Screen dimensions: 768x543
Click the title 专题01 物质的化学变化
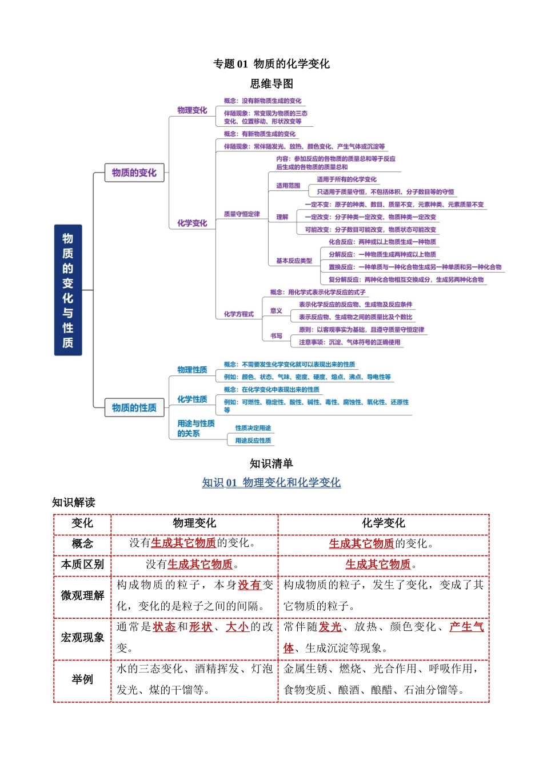point(271,64)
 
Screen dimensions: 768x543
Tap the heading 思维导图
point(271,84)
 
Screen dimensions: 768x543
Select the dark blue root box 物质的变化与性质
point(68,290)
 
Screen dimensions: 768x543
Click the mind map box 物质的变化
point(134,173)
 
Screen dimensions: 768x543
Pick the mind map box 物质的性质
point(134,407)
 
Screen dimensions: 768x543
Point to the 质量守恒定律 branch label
point(242,214)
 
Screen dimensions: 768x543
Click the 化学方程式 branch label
point(239,314)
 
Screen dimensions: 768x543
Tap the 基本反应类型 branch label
point(294,261)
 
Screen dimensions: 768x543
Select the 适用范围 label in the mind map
point(288,186)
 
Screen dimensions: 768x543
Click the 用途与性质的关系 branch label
point(195,428)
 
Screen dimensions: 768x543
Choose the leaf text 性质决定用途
point(253,428)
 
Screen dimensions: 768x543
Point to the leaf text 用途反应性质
point(253,441)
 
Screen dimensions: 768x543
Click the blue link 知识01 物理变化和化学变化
point(271,483)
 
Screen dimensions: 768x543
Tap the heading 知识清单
point(271,463)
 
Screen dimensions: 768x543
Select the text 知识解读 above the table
point(74,502)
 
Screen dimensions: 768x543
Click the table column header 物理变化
point(194,523)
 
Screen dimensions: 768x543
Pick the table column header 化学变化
point(383,523)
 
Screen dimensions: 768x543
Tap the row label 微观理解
point(82,595)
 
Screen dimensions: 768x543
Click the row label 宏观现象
point(82,638)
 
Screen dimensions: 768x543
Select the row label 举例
point(82,679)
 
